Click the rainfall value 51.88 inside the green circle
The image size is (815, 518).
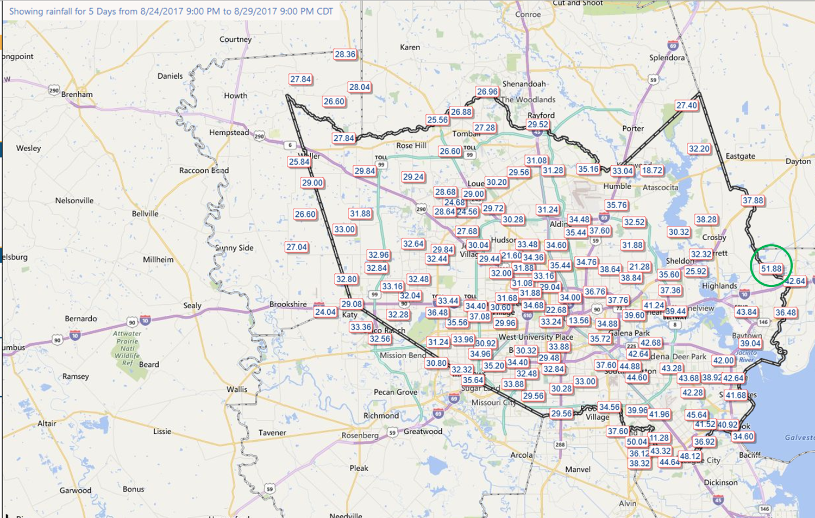[771, 269]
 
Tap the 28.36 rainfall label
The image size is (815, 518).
[345, 54]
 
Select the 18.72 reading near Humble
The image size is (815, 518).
[652, 170]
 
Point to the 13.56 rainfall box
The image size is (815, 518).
[579, 320]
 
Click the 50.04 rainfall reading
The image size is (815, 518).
[637, 442]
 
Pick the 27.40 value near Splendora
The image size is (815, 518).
[686, 105]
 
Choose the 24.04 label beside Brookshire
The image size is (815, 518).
[325, 312]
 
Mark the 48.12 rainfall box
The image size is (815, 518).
[690, 456]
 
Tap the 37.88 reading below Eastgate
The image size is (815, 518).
[753, 201]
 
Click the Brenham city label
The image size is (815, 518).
[77, 94]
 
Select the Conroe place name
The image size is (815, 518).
[528, 15]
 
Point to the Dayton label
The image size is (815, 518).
[798, 161]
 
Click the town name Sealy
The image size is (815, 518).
[192, 305]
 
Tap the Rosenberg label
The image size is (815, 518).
[360, 435]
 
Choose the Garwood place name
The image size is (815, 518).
[76, 490]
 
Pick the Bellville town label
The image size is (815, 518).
[145, 214]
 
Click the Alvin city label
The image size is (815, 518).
[628, 503]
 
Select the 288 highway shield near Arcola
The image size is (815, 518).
[560, 445]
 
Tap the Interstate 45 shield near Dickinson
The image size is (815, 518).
[718, 500]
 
